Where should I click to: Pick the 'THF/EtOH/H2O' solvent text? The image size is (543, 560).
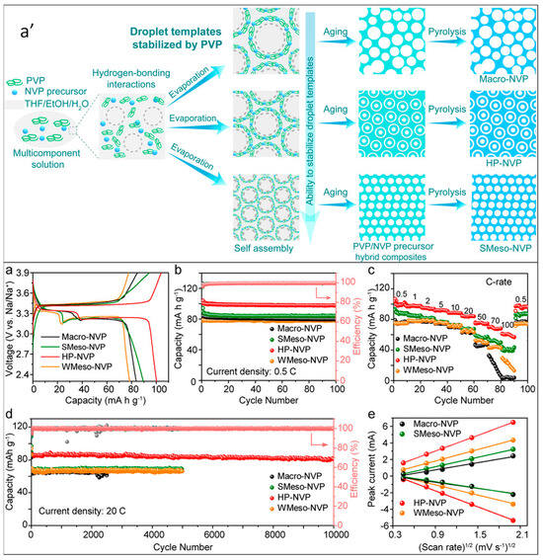(x=56, y=103)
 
